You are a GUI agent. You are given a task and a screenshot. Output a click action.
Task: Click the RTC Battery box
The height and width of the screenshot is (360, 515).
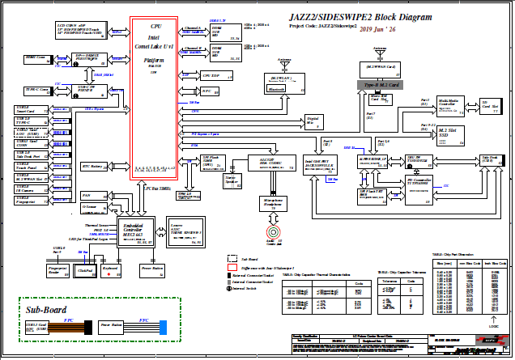coord(96,167)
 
